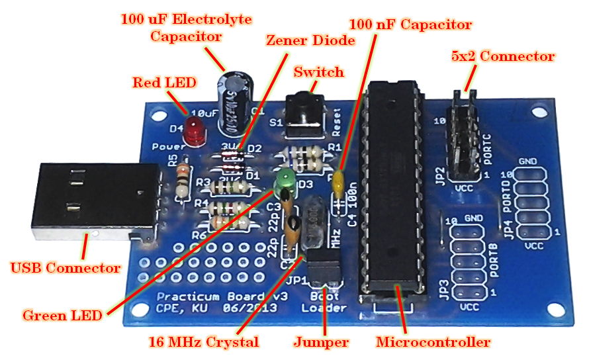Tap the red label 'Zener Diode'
click(310, 40)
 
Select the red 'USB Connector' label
click(66, 268)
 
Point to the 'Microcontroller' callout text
click(433, 342)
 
